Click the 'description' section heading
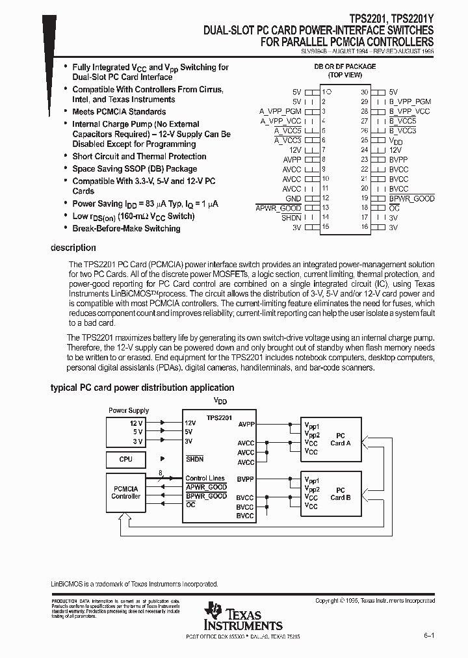point(73,248)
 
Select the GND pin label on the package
point(293,198)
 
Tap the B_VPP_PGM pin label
point(409,102)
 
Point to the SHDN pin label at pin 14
point(291,217)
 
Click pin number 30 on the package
point(365,92)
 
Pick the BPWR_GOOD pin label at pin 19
point(411,198)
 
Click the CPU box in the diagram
point(126,459)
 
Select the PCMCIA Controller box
point(126,492)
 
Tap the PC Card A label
point(340,439)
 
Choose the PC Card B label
point(340,493)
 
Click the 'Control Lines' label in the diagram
point(205,479)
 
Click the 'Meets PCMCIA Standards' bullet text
point(118,112)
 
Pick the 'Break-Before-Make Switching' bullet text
point(126,228)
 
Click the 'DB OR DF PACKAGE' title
point(345,66)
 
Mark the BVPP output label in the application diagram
point(245,479)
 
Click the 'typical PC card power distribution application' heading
point(142,388)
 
